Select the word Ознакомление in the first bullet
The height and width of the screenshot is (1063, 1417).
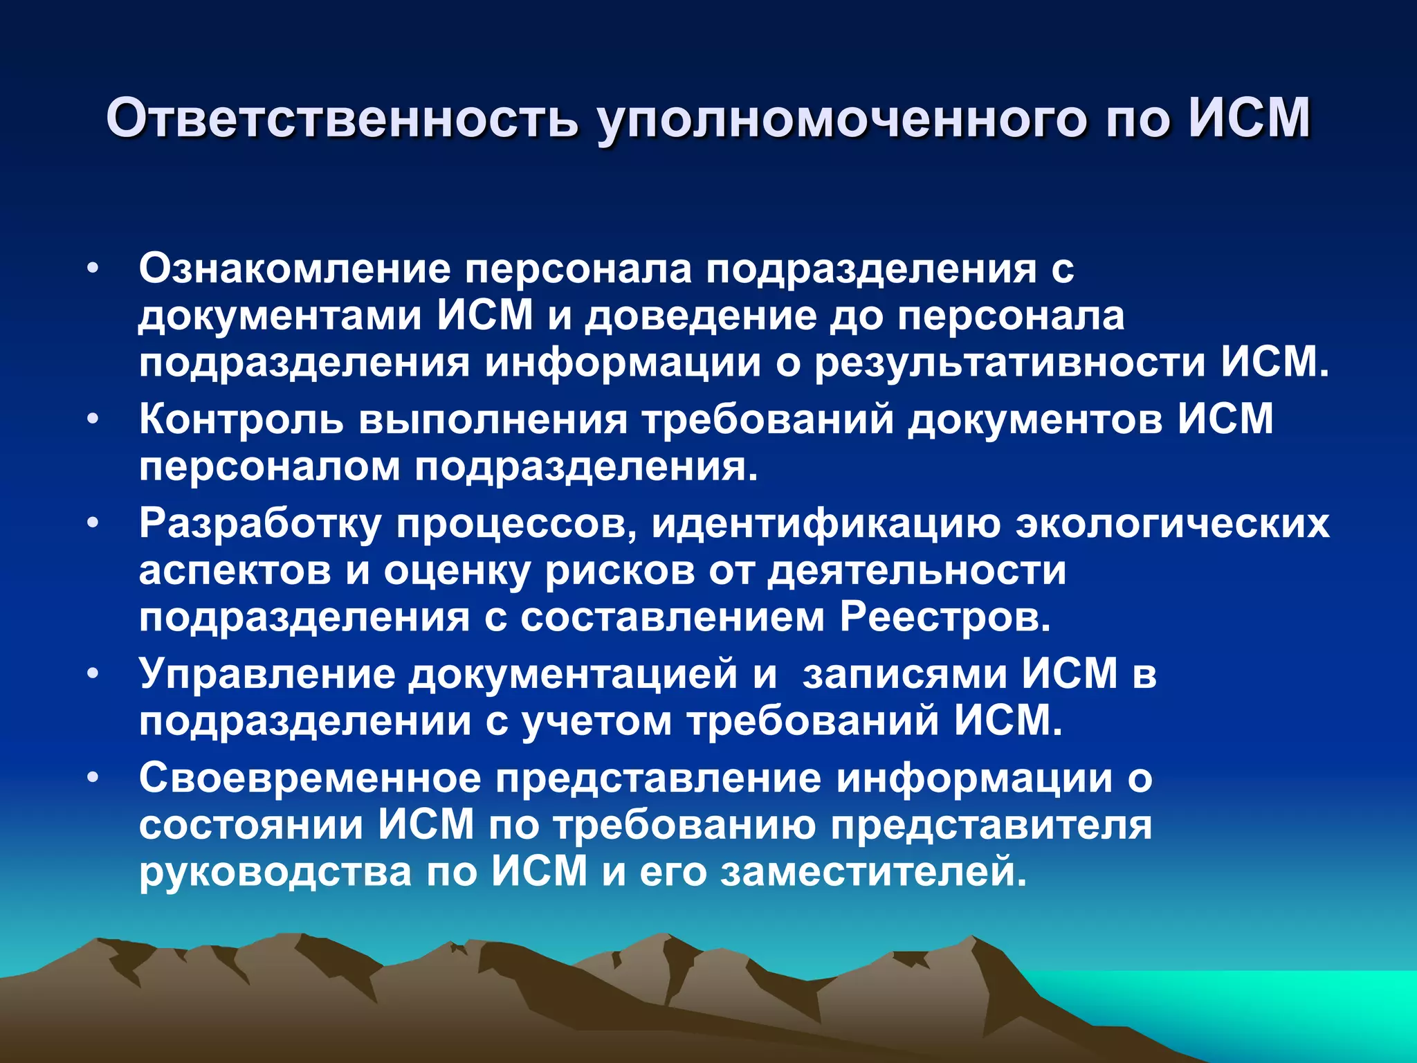click(295, 269)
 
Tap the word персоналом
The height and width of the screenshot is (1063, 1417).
click(269, 467)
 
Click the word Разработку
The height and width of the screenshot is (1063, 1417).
click(259, 524)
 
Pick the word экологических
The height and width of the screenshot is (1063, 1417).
click(1172, 524)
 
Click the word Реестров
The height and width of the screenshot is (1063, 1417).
click(945, 617)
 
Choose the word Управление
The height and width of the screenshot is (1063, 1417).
click(267, 673)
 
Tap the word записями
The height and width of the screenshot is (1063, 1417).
click(904, 675)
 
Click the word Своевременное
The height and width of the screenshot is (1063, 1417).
click(309, 779)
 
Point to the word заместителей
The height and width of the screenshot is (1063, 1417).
click(875, 871)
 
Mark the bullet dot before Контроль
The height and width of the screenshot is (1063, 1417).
click(94, 419)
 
